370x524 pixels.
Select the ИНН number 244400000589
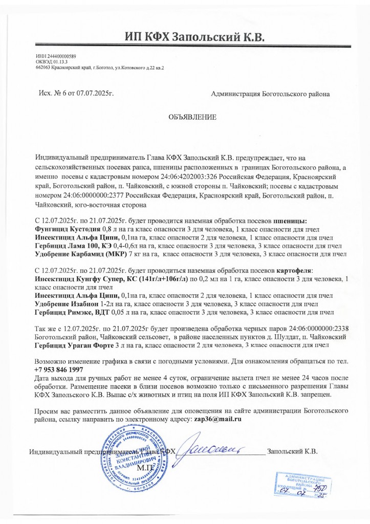pyautogui.click(x=58, y=56)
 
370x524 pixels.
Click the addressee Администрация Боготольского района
pyautogui.click(x=270, y=94)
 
